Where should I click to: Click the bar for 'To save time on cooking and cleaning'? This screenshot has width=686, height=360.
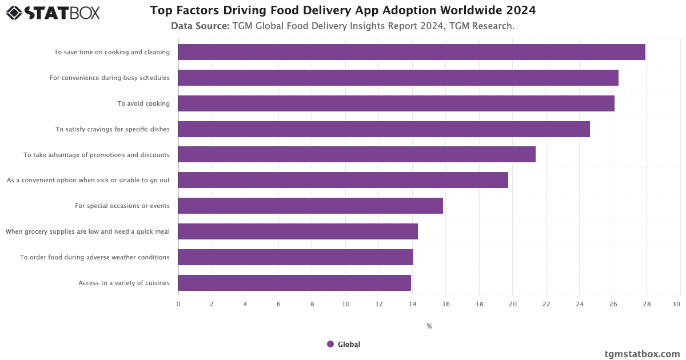coord(412,52)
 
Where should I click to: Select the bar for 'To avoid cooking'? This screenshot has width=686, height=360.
coord(396,103)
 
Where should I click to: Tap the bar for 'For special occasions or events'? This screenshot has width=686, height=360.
coord(310,206)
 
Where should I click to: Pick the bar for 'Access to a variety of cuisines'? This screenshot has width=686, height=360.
coord(294,283)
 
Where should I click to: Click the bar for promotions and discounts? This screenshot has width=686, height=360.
coord(357,154)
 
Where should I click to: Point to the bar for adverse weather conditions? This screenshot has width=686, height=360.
coord(296,257)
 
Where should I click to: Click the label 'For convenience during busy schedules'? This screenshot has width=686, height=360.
coord(110,78)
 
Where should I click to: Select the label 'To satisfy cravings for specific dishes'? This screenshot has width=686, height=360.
coord(113,129)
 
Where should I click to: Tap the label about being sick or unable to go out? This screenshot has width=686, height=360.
coord(89,180)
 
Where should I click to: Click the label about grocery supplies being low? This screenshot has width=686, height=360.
coord(88,231)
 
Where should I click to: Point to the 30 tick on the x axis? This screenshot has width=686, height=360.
coord(676,304)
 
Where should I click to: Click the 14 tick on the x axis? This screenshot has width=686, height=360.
coord(412,304)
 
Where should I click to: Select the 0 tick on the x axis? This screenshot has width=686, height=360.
coord(178,304)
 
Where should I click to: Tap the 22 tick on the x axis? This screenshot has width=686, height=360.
coord(546,304)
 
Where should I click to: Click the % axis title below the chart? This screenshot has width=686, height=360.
coord(429,326)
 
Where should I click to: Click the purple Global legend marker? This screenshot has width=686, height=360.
coord(330,344)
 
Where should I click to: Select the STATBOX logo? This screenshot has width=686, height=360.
coord(53,12)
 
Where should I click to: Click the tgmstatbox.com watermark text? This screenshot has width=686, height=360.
coord(642,354)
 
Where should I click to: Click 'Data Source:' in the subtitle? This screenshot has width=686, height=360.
coord(200,26)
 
